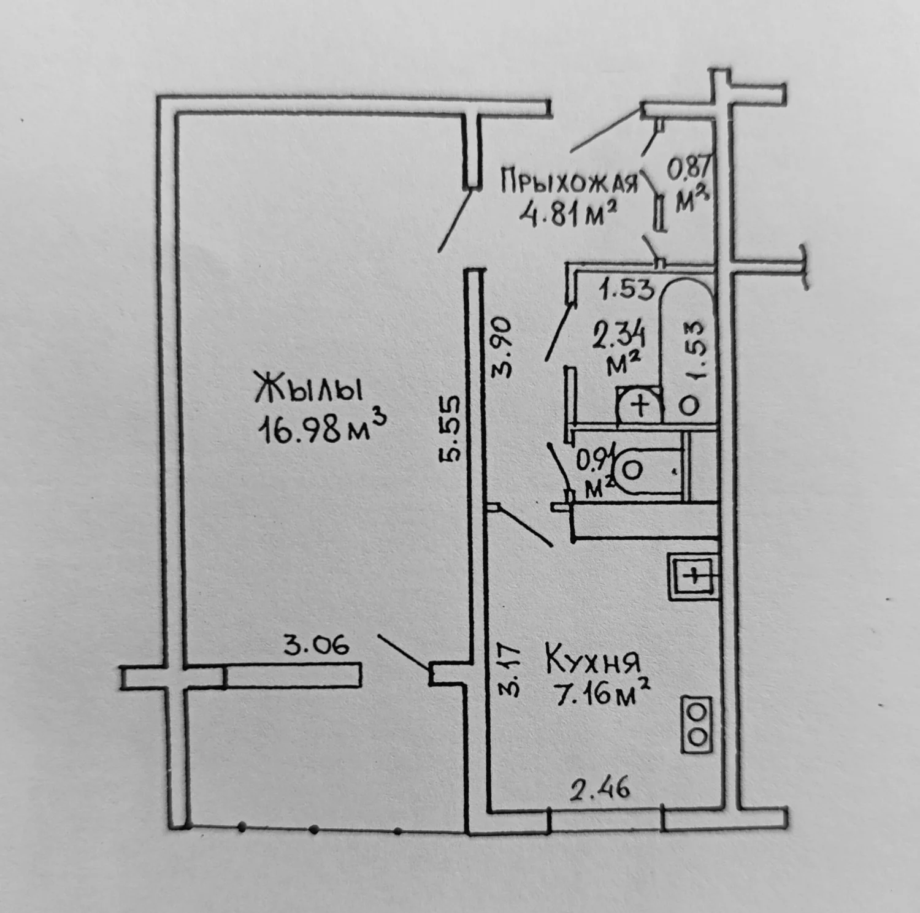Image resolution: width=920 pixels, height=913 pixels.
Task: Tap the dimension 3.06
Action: (316, 645)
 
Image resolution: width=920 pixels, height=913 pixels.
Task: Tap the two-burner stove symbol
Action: (697, 724)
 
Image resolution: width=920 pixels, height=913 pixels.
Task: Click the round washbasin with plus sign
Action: (640, 405)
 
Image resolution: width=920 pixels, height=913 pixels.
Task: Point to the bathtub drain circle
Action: (689, 404)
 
